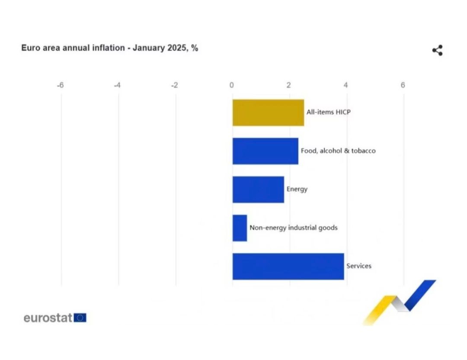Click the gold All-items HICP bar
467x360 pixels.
[x=269, y=112]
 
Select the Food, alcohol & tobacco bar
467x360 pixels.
[x=265, y=151]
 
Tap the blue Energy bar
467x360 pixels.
[x=258, y=190]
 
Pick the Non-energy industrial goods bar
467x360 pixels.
[x=240, y=228]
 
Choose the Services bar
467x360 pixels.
[x=288, y=267]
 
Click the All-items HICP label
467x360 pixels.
[x=329, y=112]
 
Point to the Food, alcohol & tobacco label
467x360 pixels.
[x=338, y=151]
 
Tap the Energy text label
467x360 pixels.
[x=297, y=189]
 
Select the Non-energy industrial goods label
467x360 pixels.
[x=294, y=228]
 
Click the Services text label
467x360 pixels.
[x=359, y=266]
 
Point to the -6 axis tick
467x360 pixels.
[x=60, y=85]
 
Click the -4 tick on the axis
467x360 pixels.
[x=117, y=85]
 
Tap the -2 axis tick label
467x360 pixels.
[x=175, y=85]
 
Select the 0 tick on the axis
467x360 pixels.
[x=231, y=85]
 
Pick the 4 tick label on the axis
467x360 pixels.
[x=346, y=85]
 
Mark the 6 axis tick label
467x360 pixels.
[x=403, y=85]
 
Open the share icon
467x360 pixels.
[x=438, y=50]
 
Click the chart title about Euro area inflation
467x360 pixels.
[x=109, y=48]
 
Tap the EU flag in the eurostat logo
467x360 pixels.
[x=80, y=318]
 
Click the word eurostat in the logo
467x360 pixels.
[x=48, y=318]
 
